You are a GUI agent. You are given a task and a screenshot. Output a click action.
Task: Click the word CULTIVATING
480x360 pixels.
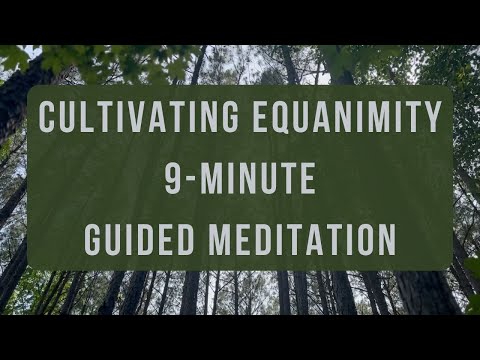click(x=134, y=119)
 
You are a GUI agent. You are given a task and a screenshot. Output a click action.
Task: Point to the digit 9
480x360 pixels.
click(x=173, y=179)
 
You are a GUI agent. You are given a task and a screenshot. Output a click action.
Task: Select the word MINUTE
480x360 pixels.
click(x=255, y=179)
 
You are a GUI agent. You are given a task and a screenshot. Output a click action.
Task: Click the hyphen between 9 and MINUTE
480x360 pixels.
click(x=190, y=180)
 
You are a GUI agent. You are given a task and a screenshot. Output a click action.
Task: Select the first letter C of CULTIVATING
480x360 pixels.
click(x=48, y=119)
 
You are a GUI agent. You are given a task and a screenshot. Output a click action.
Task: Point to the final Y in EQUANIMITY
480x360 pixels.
click(x=432, y=119)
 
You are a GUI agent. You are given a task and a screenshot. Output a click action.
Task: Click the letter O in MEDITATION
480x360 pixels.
click(x=363, y=240)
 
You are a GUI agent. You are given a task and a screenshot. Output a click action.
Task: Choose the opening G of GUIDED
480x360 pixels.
click(x=93, y=240)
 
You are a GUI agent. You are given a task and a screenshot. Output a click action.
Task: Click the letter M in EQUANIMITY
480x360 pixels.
click(x=372, y=119)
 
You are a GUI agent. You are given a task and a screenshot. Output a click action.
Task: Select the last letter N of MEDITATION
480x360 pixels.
click(x=386, y=240)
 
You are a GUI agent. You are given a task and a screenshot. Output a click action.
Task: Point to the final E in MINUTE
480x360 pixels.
click(x=308, y=179)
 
